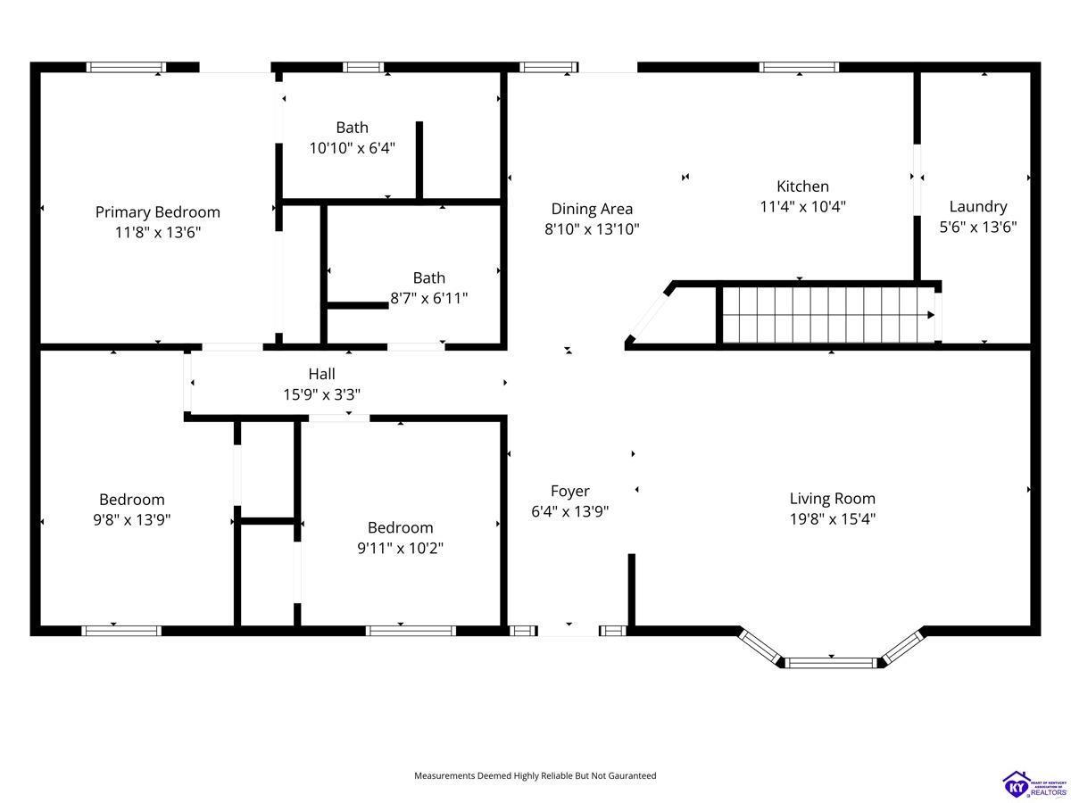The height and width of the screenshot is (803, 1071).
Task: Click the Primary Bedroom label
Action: pyautogui.click(x=158, y=212)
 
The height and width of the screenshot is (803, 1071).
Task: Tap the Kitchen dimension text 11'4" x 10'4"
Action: pyautogui.click(x=802, y=207)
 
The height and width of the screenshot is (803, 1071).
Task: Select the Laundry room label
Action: pyautogui.click(x=978, y=207)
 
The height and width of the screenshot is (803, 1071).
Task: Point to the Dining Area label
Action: pyautogui.click(x=592, y=209)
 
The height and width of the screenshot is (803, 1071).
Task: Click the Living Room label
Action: pyautogui.click(x=833, y=498)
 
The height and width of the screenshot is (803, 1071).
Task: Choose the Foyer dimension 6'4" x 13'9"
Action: pyautogui.click(x=570, y=511)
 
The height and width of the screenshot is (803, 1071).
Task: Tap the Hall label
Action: pyautogui.click(x=321, y=374)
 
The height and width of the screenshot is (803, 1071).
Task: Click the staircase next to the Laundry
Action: pyautogui.click(x=828, y=315)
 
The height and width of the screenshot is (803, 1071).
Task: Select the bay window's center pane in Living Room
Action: pyautogui.click(x=831, y=663)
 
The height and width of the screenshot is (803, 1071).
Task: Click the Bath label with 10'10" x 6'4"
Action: pyautogui.click(x=352, y=128)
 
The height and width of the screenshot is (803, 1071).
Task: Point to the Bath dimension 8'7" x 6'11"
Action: pyautogui.click(x=429, y=298)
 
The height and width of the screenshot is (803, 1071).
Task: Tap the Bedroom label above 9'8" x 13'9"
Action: pyautogui.click(x=132, y=500)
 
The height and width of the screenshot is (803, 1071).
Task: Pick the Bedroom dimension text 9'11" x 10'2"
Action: pyautogui.click(x=400, y=548)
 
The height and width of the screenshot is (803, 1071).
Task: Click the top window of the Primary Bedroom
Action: pyautogui.click(x=127, y=67)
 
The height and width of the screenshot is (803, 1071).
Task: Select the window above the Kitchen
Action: pyautogui.click(x=799, y=67)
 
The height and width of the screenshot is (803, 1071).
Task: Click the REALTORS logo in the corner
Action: pyautogui.click(x=1034, y=784)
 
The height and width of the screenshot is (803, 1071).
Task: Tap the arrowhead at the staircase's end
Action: pyautogui.click(x=931, y=315)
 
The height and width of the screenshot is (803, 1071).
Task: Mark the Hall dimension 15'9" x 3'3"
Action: pyautogui.click(x=321, y=394)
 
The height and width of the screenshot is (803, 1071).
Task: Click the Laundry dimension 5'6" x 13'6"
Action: pyautogui.click(x=978, y=228)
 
